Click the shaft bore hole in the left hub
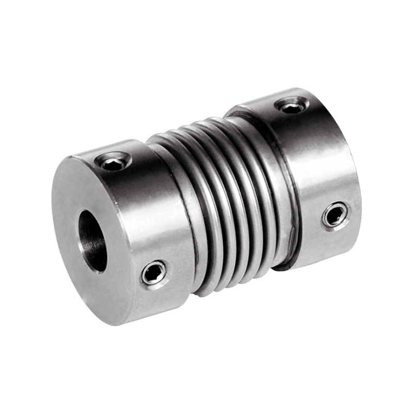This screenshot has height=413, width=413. (93, 242)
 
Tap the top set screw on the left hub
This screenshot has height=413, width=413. (113, 164)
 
